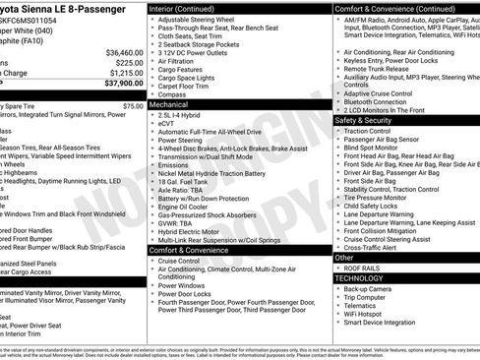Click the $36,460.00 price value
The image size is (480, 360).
pyautogui.click(x=118, y=52)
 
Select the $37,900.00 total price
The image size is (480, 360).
pyautogui.click(x=118, y=84)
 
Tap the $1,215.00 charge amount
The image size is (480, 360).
pyautogui.click(x=122, y=73)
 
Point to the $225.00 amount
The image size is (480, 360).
pyautogui.click(x=125, y=62)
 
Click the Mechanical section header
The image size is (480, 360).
pyautogui.click(x=169, y=103)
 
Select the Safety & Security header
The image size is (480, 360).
pyautogui.click(x=365, y=121)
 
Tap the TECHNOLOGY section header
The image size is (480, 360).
pyautogui.click(x=365, y=278)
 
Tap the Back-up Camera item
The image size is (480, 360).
pyautogui.click(x=369, y=289)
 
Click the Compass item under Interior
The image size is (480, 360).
pyautogui.click(x=173, y=93)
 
